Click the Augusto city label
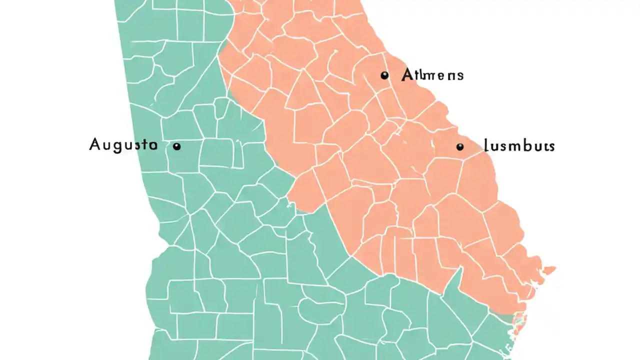123,145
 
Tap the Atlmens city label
432,75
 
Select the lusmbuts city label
519,146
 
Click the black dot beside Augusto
176,146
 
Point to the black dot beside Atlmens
384,75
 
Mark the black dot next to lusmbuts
460,146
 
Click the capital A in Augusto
95,145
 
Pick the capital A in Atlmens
407,75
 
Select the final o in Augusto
152,145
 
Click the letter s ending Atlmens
459,76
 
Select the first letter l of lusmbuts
486,146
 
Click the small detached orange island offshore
549,270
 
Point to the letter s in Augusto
136,146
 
